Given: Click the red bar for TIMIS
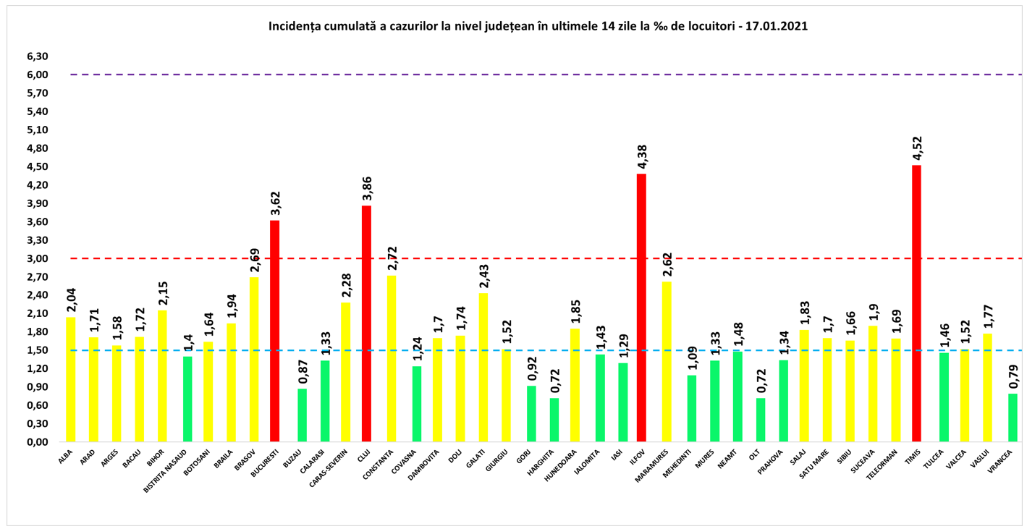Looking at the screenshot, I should [x=916, y=304].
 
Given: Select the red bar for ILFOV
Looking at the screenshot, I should [x=641, y=308].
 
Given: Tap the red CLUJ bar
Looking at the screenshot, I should [x=366, y=323].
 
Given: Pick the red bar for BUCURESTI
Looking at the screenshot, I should [x=274, y=331].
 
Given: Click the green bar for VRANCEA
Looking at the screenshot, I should [x=1013, y=418].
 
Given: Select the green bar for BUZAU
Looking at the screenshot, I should [x=302, y=415].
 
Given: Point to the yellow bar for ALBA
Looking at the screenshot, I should [x=70, y=379].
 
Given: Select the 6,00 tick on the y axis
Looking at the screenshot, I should [x=38, y=75].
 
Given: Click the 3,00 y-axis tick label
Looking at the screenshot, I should [x=38, y=258].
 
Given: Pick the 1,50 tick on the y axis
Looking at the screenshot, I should [x=38, y=350].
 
